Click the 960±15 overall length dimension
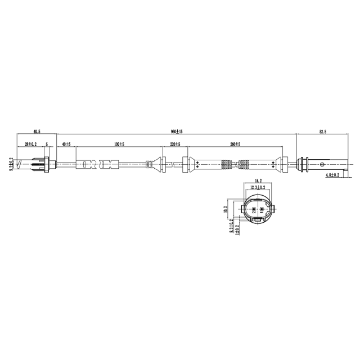click(177, 132)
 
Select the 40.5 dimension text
click(37, 132)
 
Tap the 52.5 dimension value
click(322, 132)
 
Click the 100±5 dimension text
click(118, 145)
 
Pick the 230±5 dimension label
click(175, 145)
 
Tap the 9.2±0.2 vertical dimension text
click(11, 164)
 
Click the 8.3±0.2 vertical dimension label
click(231, 228)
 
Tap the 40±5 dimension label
click(67, 145)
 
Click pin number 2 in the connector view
click(254, 209)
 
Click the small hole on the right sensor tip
click(322, 165)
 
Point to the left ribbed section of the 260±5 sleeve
click(224, 165)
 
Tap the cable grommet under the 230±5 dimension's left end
click(162, 165)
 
